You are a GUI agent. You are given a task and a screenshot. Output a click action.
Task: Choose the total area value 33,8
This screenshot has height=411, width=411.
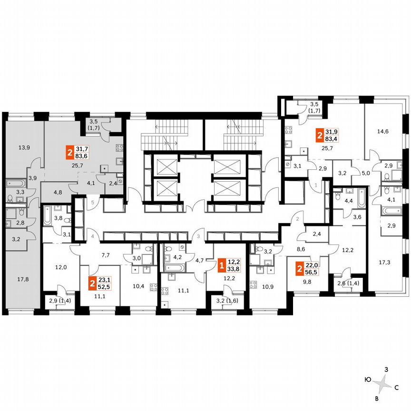click(x=233, y=268)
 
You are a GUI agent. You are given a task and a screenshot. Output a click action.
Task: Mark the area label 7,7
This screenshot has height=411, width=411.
click(x=106, y=254)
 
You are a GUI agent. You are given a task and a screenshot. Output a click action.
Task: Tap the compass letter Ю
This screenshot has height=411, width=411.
click(x=368, y=380)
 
